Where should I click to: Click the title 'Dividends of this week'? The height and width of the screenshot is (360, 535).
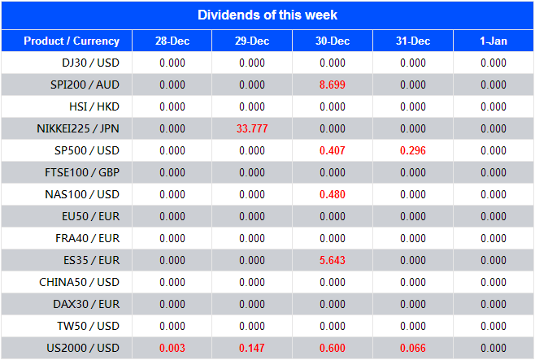tap(267, 15)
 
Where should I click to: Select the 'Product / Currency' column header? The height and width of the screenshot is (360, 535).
tap(72, 41)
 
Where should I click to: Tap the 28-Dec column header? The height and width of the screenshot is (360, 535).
tap(172, 41)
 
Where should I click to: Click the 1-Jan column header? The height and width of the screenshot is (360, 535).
tap(494, 41)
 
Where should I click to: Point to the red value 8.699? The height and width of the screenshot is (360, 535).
tap(333, 85)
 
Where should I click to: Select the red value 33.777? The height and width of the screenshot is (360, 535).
tap(252, 128)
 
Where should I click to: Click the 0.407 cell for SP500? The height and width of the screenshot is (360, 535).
tap(333, 150)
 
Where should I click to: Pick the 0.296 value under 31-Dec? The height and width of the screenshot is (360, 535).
tap(413, 150)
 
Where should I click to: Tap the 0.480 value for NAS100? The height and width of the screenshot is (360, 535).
tap(333, 194)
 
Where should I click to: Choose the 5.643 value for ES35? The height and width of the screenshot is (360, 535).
tap(333, 260)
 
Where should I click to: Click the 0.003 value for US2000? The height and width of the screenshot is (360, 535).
tap(172, 348)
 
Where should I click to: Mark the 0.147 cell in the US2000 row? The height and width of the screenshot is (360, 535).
tap(252, 348)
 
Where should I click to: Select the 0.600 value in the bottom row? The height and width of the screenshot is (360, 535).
tap(333, 348)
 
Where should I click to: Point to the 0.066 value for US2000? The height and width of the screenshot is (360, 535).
tap(413, 348)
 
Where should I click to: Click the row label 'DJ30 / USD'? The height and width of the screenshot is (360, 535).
tap(90, 63)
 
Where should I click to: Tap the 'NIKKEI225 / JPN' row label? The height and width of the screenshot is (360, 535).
tap(78, 128)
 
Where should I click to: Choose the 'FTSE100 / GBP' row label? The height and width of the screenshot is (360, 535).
tap(82, 172)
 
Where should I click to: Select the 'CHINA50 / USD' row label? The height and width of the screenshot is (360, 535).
tap(80, 282)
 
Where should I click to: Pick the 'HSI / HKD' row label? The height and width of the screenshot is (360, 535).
tap(94, 106)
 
